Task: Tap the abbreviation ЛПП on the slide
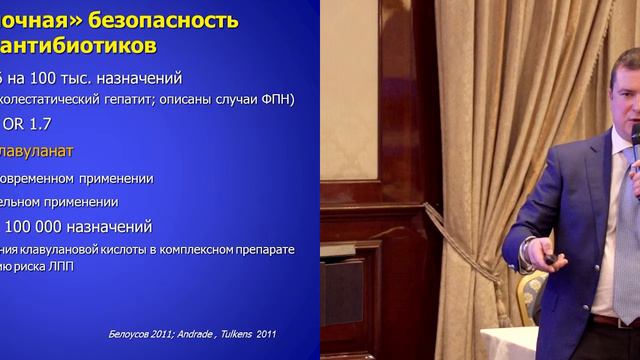pyautogui.click(x=59, y=266)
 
